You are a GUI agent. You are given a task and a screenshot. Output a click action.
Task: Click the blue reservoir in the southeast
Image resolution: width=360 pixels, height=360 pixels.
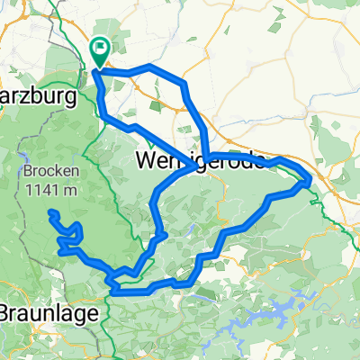pos(286,310)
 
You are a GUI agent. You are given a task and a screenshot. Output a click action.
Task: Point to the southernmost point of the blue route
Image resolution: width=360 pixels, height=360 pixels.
pos(117,292)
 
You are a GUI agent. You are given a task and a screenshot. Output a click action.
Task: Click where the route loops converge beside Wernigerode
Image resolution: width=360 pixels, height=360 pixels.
pos(206,158)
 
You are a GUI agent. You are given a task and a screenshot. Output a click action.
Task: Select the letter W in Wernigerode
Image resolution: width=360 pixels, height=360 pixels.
pos(150,162)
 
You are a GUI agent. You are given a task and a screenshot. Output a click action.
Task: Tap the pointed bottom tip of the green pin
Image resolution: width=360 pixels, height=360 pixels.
pos(97,67)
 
